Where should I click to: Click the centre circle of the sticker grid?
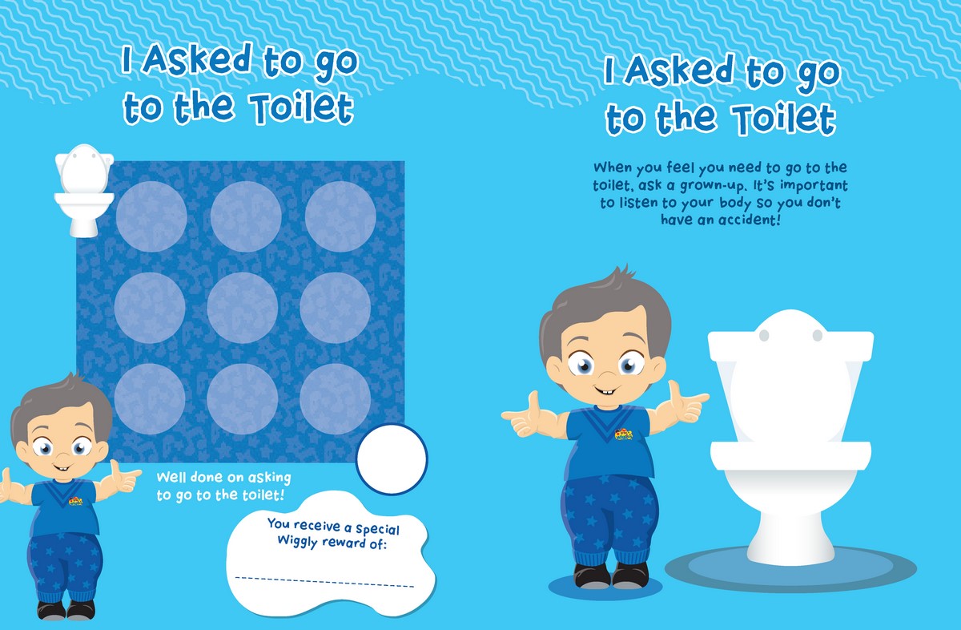243,308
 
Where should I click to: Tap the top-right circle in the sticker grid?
340,216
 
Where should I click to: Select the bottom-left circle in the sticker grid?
150,399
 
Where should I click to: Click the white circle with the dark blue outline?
392,458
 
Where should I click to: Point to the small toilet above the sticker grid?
84,190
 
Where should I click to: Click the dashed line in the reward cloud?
324,582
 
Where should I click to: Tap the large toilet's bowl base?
790,538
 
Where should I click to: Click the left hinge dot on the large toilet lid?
764,335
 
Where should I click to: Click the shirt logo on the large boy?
624,434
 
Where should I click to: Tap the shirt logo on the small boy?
75,501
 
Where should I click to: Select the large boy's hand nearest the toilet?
686,404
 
